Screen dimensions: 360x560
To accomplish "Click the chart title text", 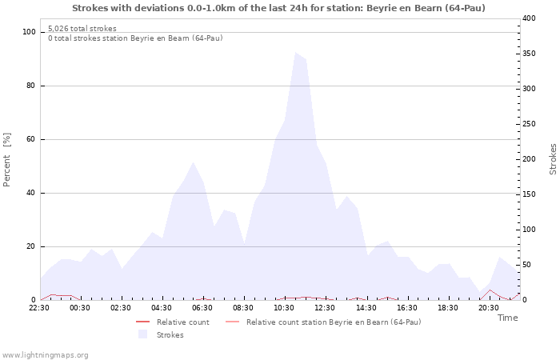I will pyautogui.click(x=278, y=8).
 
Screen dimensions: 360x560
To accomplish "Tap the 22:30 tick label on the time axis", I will pyautogui.click(x=39, y=307).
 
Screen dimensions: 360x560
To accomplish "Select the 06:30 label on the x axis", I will pyautogui.click(x=203, y=307).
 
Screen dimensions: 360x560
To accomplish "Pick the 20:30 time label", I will pyautogui.click(x=489, y=307).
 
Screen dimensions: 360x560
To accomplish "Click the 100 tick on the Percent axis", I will pyautogui.click(x=29, y=32).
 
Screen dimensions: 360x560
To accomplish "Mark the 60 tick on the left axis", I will pyautogui.click(x=31, y=139).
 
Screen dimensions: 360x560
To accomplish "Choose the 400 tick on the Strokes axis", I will pyautogui.click(x=529, y=18).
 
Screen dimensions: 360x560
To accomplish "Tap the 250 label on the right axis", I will pyautogui.click(x=529, y=124).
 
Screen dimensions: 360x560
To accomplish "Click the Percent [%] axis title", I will pyautogui.click(x=7, y=160).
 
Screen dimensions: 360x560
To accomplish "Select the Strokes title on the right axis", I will pyautogui.click(x=553, y=159).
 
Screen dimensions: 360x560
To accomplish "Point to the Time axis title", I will pyautogui.click(x=507, y=318).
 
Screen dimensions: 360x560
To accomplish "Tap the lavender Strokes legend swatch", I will pyautogui.click(x=143, y=334).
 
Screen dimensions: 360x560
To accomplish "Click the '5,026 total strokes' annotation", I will pyautogui.click(x=82, y=29).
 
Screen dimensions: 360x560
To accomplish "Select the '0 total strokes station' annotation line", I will pyautogui.click(x=135, y=38).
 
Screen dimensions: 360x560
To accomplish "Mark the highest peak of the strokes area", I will pyautogui.click(x=296, y=53).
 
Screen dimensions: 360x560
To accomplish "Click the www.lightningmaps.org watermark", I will pyautogui.click(x=46, y=354).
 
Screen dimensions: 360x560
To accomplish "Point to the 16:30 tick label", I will pyautogui.click(x=407, y=307).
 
